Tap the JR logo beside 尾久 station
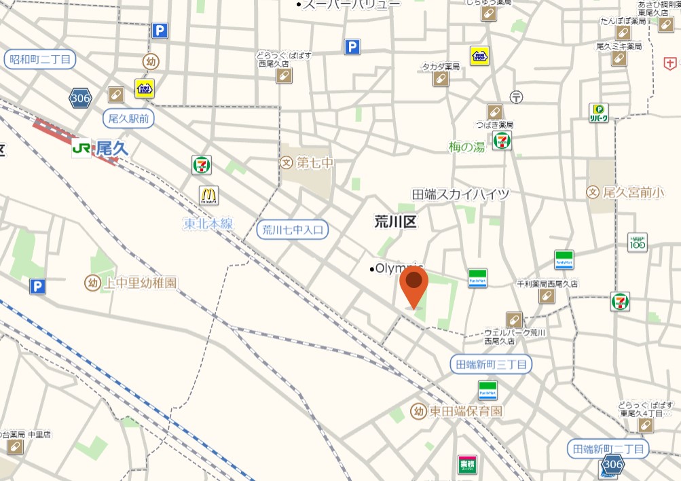(x=81, y=148)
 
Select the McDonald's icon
(x=208, y=196)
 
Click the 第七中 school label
(x=307, y=163)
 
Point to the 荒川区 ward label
(x=395, y=221)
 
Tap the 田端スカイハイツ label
(x=460, y=194)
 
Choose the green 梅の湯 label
(x=466, y=147)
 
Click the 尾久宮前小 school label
(x=626, y=192)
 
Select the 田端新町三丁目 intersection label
(x=492, y=365)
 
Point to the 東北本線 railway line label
(x=208, y=224)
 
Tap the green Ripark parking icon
(x=598, y=113)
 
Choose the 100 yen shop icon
(x=637, y=242)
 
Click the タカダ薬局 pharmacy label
(x=441, y=67)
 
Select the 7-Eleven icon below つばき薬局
(x=502, y=141)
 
